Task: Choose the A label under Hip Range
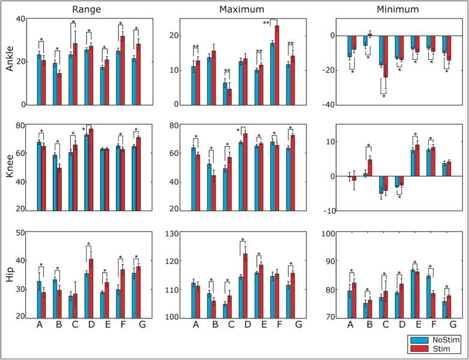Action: [40, 326]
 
